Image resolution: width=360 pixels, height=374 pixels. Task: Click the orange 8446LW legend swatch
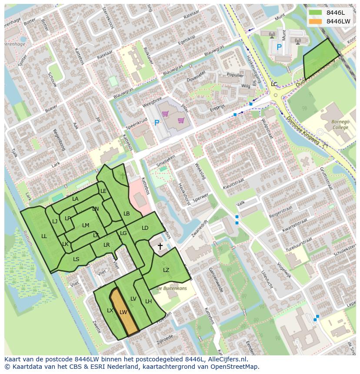coord(316,21)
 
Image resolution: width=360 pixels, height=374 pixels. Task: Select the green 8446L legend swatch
coord(316,13)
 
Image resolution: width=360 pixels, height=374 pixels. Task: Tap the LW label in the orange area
coord(123,312)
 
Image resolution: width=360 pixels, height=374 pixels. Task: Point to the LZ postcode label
coord(166,270)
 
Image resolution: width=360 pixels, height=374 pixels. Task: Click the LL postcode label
coord(44,236)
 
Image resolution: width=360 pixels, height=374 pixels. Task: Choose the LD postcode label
coord(145,228)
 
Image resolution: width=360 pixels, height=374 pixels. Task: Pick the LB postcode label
coord(127,214)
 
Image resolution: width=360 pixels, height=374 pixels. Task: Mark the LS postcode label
coord(76,259)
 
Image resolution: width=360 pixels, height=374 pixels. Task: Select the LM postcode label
coord(86,225)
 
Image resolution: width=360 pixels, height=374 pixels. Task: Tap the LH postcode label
coord(148,301)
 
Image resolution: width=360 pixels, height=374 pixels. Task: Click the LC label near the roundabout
coord(274,84)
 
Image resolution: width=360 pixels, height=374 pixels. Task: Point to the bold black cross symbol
coord(160,247)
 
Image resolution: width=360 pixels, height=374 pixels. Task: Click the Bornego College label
coord(340,125)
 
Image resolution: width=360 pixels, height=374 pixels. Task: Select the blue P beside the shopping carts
coord(157,123)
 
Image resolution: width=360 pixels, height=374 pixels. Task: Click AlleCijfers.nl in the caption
coord(226,359)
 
